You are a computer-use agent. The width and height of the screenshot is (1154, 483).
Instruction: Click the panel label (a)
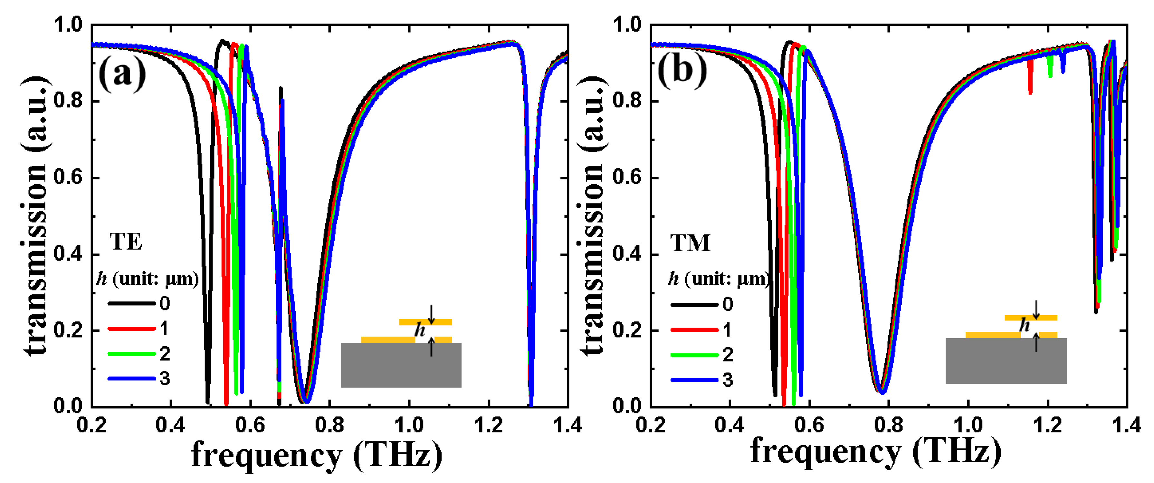[122, 73]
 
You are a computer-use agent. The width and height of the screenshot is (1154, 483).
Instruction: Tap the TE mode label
[126, 242]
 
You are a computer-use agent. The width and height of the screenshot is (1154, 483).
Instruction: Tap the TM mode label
[690, 243]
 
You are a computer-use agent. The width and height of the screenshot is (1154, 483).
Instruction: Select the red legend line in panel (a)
[131, 329]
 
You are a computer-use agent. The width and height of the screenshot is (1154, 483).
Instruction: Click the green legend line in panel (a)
[131, 354]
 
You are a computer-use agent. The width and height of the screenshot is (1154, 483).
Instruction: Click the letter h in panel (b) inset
[1024, 325]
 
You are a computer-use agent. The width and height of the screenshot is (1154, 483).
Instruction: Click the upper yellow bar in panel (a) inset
[425, 322]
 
